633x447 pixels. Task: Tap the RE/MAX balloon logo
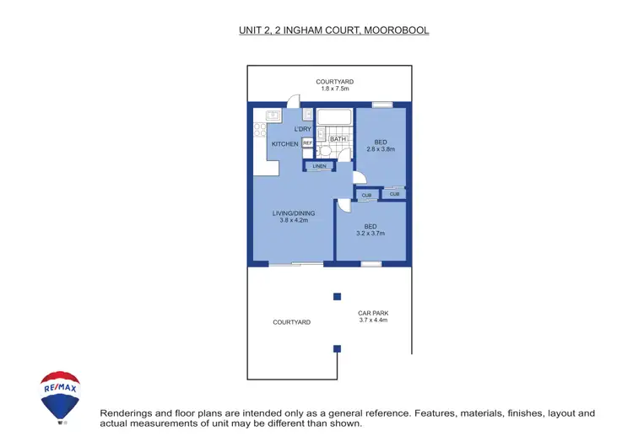[61, 396]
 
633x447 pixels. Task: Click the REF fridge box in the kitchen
[307, 143]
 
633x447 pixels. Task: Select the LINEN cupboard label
[319, 166]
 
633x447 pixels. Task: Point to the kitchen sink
[273, 115]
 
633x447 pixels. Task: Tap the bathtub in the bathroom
[333, 116]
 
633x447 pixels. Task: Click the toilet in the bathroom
[327, 151]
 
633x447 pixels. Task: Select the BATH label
[338, 139]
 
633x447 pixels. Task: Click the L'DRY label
[303, 128]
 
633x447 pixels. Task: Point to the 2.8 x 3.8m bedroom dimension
[381, 149]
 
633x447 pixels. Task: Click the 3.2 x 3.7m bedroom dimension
[371, 234]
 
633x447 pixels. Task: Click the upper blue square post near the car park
[337, 296]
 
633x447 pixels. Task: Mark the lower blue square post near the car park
[337, 348]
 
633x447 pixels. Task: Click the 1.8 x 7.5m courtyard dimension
[334, 89]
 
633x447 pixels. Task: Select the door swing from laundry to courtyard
[292, 100]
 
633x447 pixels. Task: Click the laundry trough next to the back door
[309, 115]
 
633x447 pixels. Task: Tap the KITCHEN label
[284, 144]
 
